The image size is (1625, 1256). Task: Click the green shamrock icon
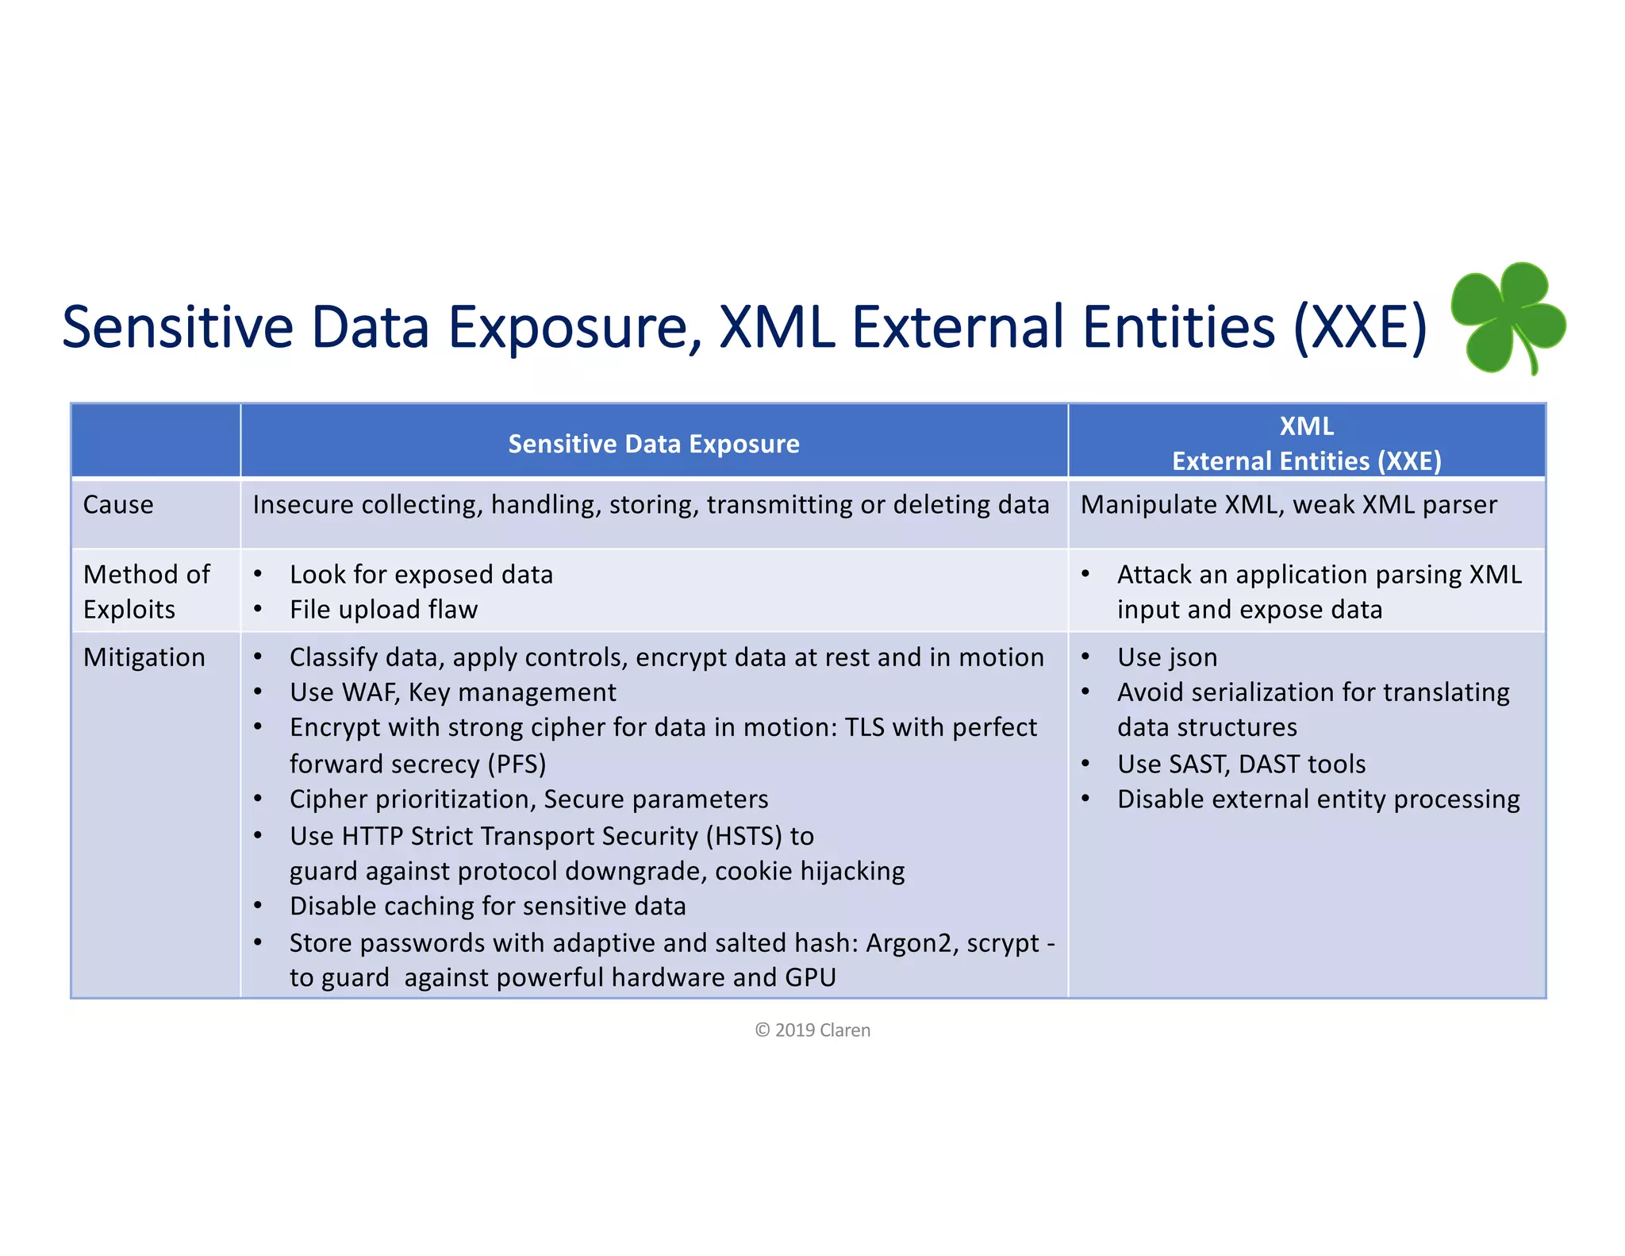coord(1508,318)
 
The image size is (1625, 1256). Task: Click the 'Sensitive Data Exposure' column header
coord(654,444)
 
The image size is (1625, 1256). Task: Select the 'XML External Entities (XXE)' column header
coord(1306,443)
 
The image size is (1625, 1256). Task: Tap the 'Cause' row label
coord(118,505)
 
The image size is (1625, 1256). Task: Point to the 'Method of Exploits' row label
coord(146,591)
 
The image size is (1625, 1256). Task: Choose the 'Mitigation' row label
coord(144,657)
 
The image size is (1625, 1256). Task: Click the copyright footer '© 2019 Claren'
coord(812,1030)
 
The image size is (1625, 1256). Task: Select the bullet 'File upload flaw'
coord(383,610)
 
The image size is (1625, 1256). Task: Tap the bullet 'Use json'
coord(1167,657)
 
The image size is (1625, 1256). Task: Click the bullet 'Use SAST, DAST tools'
coord(1241,764)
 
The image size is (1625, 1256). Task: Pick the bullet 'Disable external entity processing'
coord(1318,799)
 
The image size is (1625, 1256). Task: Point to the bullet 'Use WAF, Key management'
coord(452,692)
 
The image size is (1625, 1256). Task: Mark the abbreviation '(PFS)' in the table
coord(517,764)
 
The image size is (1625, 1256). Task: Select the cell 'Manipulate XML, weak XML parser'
coord(1289,505)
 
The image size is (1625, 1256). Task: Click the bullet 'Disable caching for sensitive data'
coord(487,906)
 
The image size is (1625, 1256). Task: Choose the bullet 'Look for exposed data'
coord(421,575)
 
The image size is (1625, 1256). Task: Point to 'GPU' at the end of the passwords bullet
coord(810,977)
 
